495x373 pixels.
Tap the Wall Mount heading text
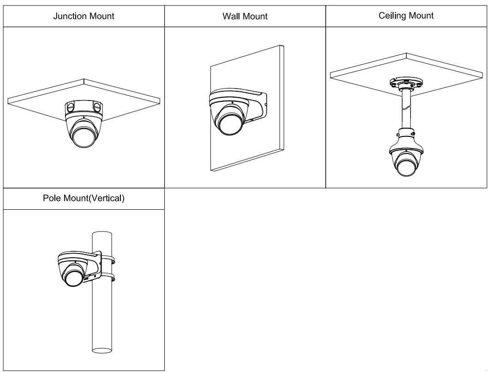tap(245, 17)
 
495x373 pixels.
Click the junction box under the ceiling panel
tap(83, 107)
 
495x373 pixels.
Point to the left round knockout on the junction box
tap(71, 106)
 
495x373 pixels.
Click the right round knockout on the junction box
tap(96, 106)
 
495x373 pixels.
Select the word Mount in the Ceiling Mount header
tap(423, 16)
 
